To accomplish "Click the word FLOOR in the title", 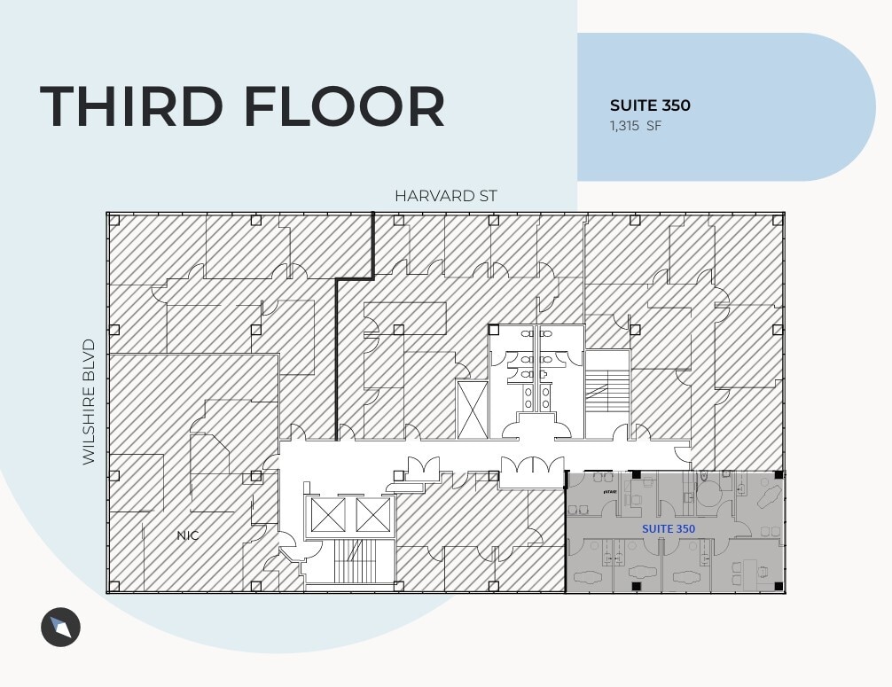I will coord(343,106).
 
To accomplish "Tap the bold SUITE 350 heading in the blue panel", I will coord(650,105).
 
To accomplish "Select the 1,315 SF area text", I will coord(635,126).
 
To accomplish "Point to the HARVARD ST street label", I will coord(446,196).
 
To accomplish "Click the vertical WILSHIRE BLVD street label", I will coord(89,401).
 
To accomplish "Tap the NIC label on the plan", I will coord(187,535).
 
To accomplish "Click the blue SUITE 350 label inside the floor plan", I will coord(669,528).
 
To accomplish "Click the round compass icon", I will coord(60,628).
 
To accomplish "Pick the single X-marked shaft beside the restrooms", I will coord(472,409).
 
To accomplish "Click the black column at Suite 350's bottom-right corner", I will coord(778,586).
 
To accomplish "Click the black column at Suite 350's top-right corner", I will coord(778,475).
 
